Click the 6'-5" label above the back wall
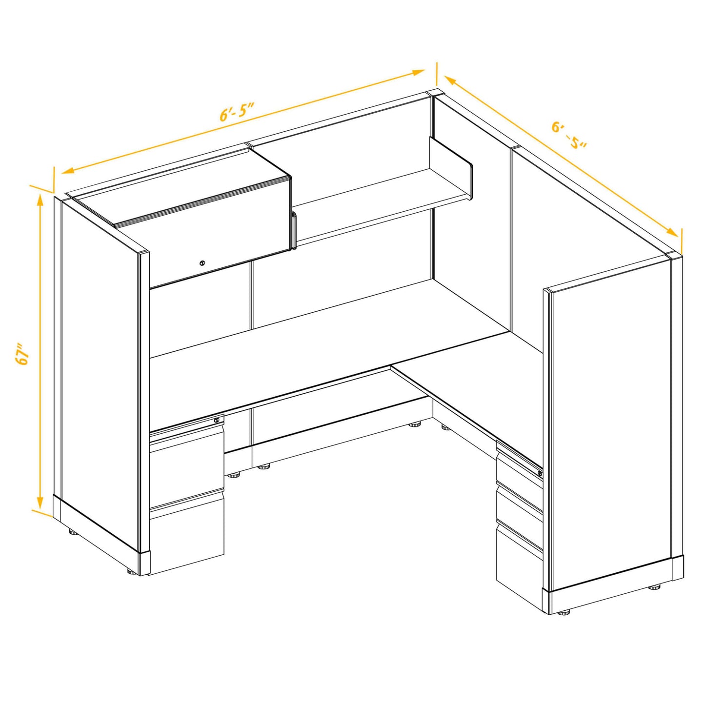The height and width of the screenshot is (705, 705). (x=238, y=113)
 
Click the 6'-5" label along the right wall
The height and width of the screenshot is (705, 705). (x=569, y=135)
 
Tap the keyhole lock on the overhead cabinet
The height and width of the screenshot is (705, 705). (x=202, y=263)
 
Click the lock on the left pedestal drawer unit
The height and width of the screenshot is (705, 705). (x=217, y=420)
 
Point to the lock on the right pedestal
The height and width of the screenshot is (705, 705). (x=540, y=473)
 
